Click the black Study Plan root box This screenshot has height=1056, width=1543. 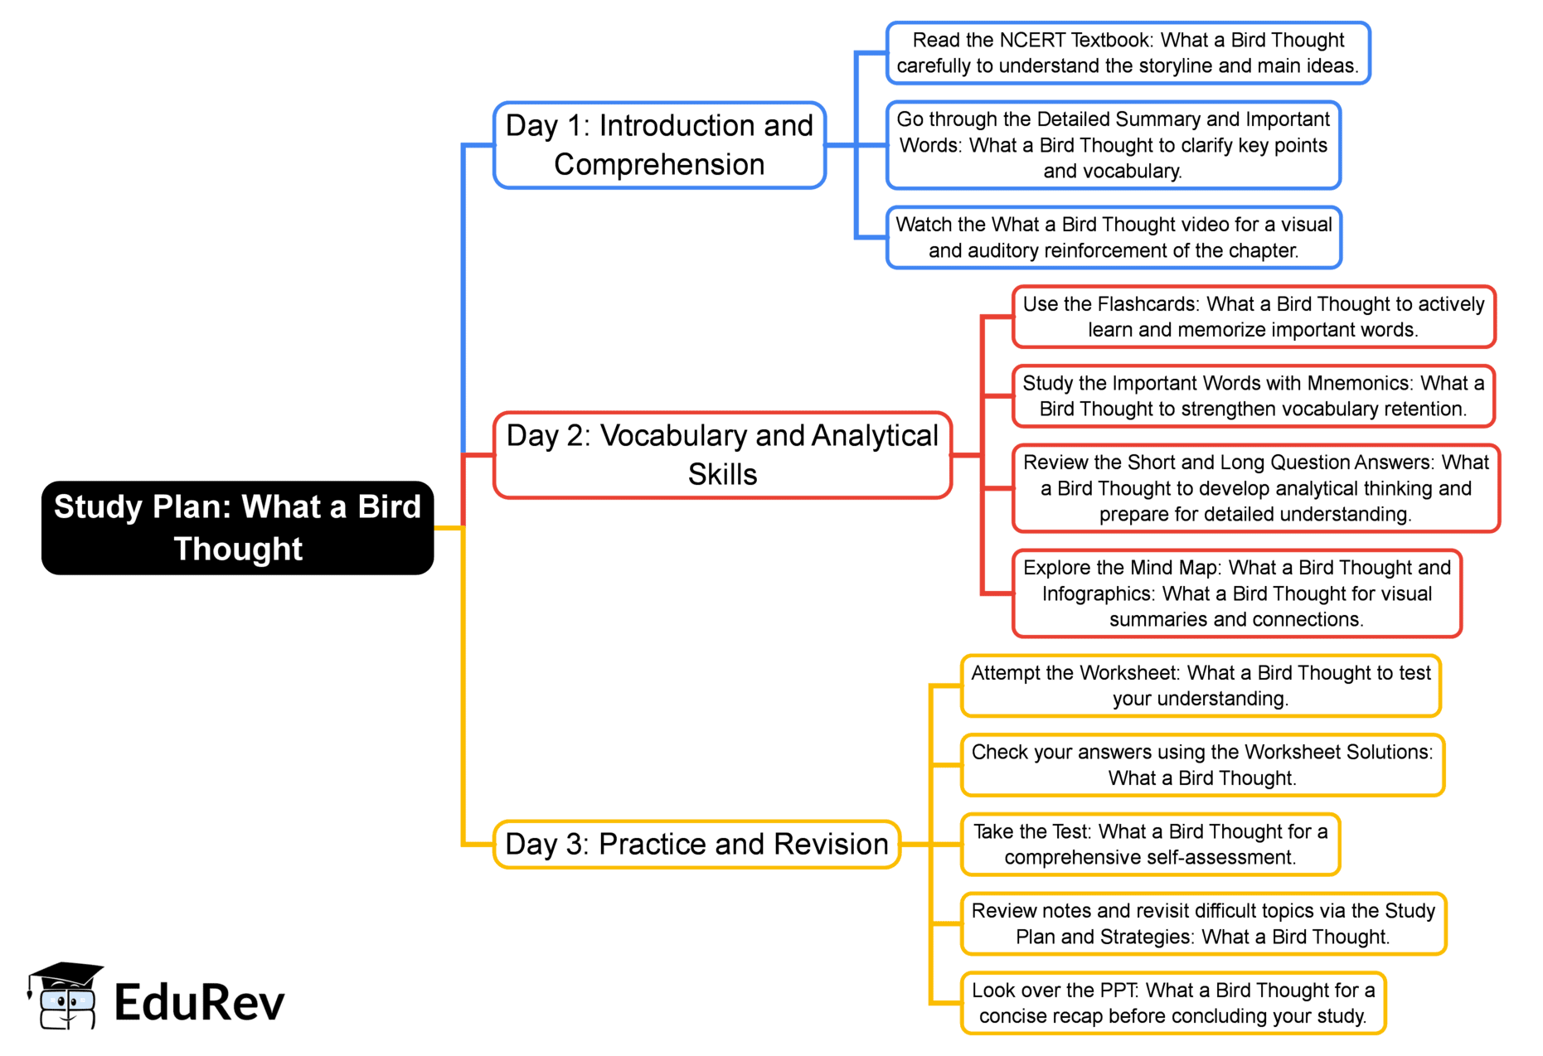[237, 528]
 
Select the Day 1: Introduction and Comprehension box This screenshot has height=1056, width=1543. [659, 145]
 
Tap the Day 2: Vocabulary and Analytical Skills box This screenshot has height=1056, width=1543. [721, 455]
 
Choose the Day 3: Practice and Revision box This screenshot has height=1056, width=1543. [696, 845]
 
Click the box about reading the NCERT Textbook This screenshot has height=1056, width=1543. [1128, 53]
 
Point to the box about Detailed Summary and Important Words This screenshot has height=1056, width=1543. [1113, 145]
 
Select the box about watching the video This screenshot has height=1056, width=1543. [1114, 238]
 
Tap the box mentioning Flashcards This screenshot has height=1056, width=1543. [1253, 317]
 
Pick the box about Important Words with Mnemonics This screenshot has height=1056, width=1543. [1253, 396]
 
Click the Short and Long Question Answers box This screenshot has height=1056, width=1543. [1255, 488]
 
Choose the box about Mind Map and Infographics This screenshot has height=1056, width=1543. [1236, 593]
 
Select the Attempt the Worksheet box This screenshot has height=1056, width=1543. [1200, 685]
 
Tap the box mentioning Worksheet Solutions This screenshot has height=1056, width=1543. [1201, 765]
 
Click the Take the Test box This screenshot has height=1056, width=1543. [1150, 845]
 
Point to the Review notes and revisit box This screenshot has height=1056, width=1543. [1202, 923]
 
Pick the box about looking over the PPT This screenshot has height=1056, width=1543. [1172, 1003]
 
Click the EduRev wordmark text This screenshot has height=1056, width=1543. [199, 1003]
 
